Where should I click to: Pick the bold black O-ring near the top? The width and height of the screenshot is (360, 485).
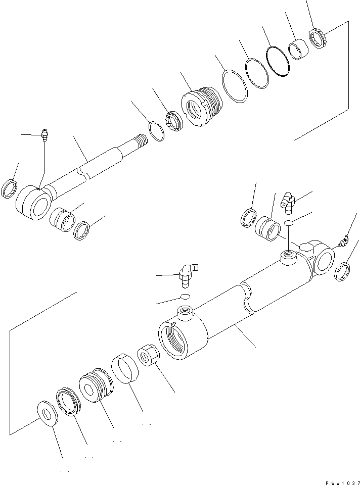click(278, 62)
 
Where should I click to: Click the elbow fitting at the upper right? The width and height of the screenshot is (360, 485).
click(290, 201)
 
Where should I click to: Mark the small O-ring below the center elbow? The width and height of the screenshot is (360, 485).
click(186, 297)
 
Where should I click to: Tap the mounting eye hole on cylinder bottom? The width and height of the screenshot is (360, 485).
click(324, 258)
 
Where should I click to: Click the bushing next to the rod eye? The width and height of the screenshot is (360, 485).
click(63, 219)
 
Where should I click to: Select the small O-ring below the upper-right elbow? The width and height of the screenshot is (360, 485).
click(288, 223)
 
